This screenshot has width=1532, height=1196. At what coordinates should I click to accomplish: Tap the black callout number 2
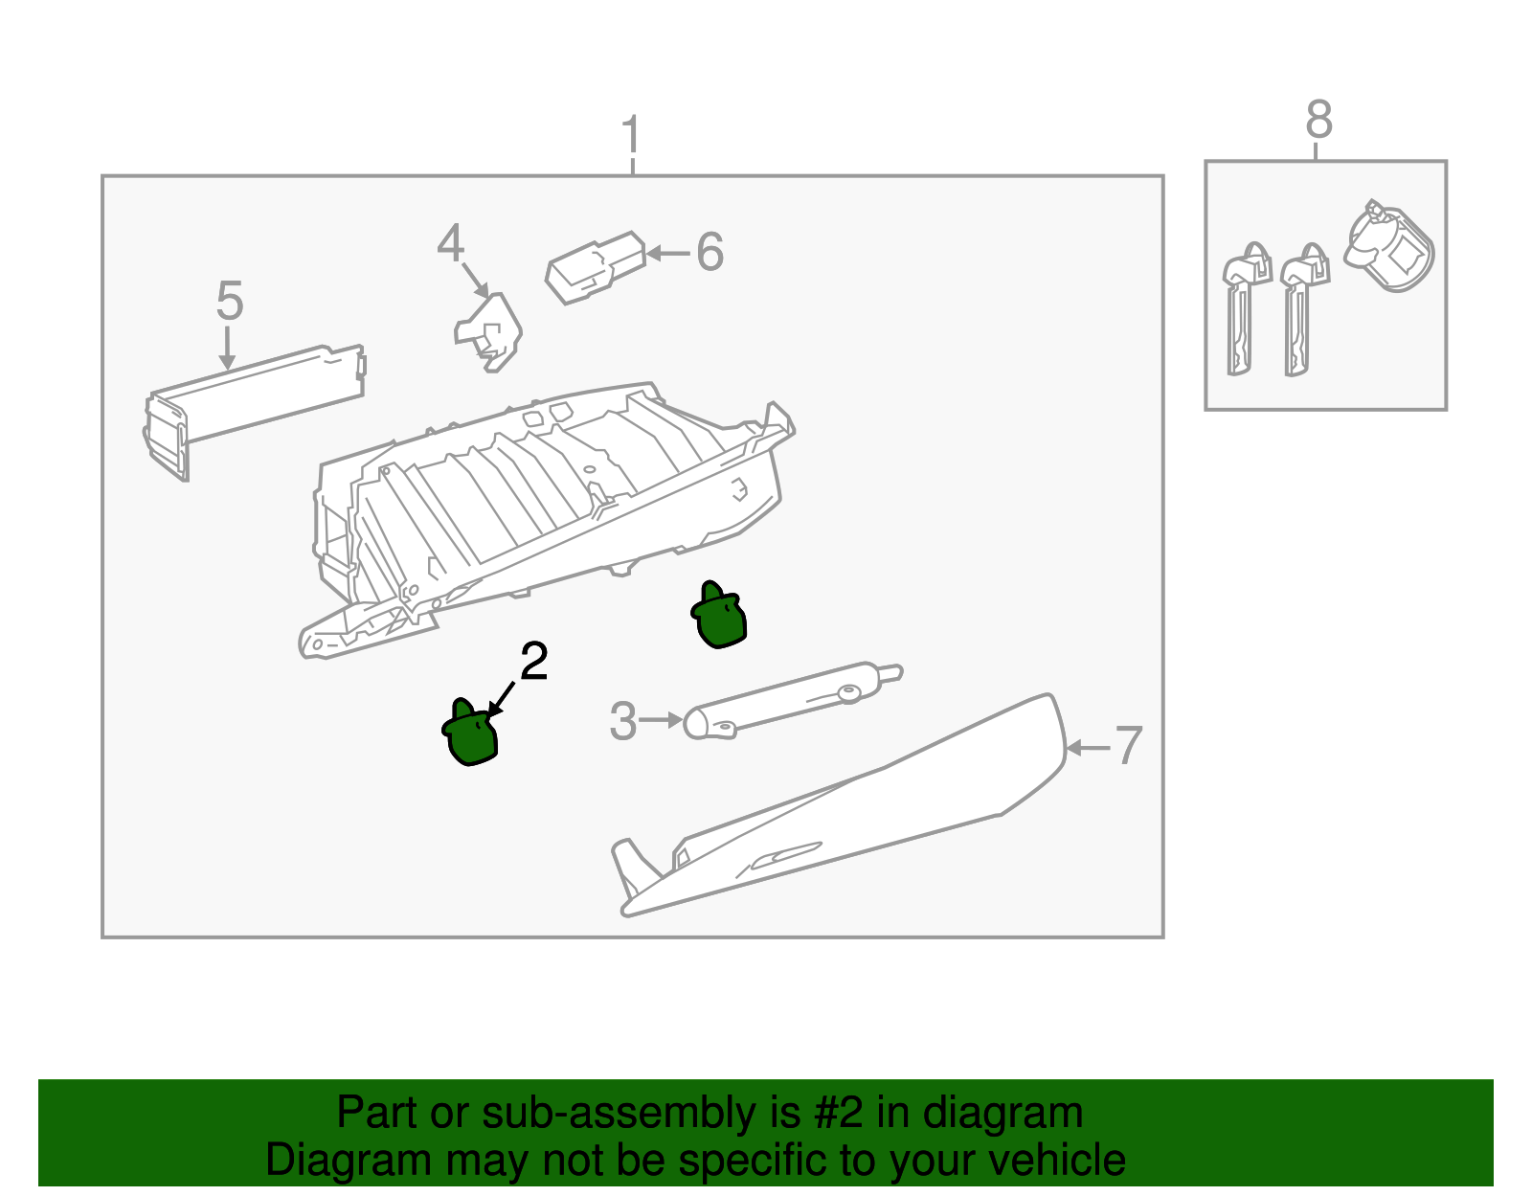(x=533, y=662)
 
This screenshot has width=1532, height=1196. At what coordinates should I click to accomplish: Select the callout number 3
(x=622, y=721)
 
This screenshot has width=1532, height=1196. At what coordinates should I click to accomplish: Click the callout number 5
(x=229, y=301)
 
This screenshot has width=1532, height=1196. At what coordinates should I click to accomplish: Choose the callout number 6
(x=710, y=253)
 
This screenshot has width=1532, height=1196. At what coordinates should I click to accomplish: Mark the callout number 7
(x=1129, y=746)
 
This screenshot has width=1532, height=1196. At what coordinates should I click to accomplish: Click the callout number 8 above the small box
(x=1318, y=121)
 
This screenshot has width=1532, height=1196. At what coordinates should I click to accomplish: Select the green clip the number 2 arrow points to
(x=470, y=735)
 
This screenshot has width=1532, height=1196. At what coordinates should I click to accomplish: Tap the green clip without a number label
(x=719, y=617)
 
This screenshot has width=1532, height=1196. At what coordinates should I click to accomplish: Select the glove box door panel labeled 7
(x=862, y=814)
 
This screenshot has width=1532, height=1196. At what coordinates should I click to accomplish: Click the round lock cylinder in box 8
(x=1389, y=245)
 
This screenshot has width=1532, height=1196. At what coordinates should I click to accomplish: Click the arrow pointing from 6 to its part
(x=668, y=254)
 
